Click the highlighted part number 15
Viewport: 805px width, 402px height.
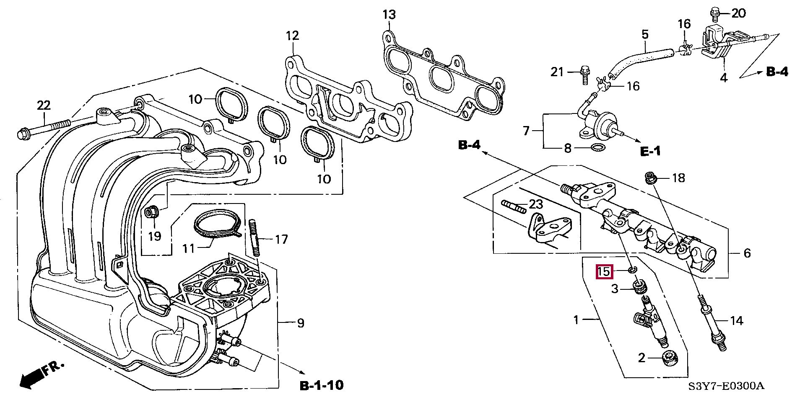coord(604,272)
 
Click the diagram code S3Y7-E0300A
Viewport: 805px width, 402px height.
coord(726,386)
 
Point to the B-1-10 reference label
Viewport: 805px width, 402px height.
coord(322,385)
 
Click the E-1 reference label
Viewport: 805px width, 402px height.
coord(650,151)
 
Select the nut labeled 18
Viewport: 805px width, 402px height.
coord(650,178)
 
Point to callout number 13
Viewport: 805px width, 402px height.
coord(389,15)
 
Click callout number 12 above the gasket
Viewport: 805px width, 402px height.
coord(292,36)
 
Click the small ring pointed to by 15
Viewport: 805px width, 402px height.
coord(633,269)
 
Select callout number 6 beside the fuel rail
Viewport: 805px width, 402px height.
coord(747,253)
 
